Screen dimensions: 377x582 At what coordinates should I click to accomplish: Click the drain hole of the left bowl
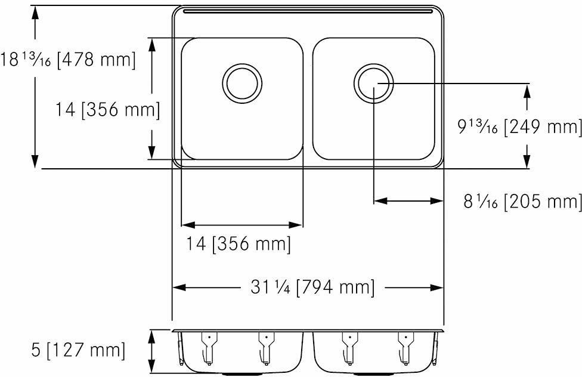click(x=243, y=82)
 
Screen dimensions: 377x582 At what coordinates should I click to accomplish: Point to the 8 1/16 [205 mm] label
click(x=522, y=202)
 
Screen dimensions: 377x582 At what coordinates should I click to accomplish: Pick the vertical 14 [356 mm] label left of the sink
click(x=107, y=110)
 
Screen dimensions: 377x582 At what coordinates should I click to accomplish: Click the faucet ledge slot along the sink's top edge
click(x=307, y=11)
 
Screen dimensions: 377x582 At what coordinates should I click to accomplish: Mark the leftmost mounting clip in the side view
click(x=207, y=348)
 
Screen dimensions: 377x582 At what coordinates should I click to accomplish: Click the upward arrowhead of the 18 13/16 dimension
click(x=36, y=13)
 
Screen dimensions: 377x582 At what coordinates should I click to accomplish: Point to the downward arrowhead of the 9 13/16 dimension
click(x=527, y=161)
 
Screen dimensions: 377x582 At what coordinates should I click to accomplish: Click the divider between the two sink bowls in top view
click(x=308, y=98)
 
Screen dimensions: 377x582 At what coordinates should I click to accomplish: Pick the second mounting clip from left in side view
click(x=263, y=348)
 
